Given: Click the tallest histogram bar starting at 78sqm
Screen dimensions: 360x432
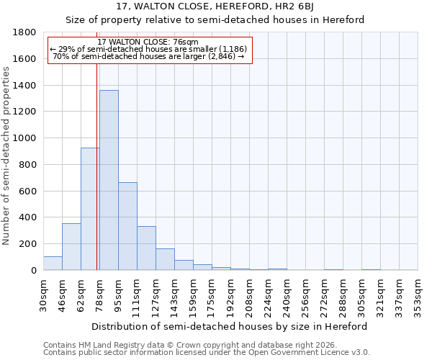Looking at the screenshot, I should (109, 180).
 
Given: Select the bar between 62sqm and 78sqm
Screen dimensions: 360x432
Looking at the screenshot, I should (90, 209).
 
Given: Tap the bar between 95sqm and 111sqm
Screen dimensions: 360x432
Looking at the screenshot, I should (127, 226).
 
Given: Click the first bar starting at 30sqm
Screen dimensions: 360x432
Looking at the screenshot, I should (53, 264).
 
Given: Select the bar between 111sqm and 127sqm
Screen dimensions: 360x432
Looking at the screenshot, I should (146, 248).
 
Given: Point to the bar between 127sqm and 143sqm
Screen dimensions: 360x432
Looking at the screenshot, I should (165, 260).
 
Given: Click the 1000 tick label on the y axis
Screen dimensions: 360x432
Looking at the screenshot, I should (23, 138).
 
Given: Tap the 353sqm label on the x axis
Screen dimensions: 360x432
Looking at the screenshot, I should (418, 296).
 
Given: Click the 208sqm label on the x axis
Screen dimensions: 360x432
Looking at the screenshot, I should (249, 296).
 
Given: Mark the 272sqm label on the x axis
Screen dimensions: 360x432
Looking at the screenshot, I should (324, 296).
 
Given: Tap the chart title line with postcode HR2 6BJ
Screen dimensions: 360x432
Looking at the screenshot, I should (215, 7).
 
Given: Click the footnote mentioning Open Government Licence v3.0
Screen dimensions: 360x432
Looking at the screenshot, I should (207, 353).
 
